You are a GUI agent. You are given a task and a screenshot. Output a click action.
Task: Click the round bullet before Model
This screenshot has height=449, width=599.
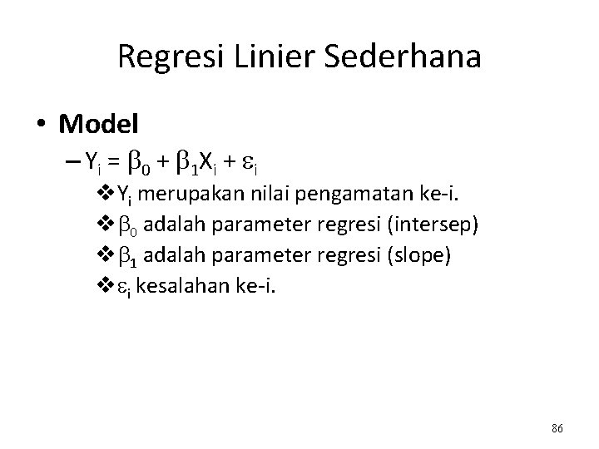point(42,124)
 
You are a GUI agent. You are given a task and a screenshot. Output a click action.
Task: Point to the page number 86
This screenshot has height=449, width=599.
point(557,428)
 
